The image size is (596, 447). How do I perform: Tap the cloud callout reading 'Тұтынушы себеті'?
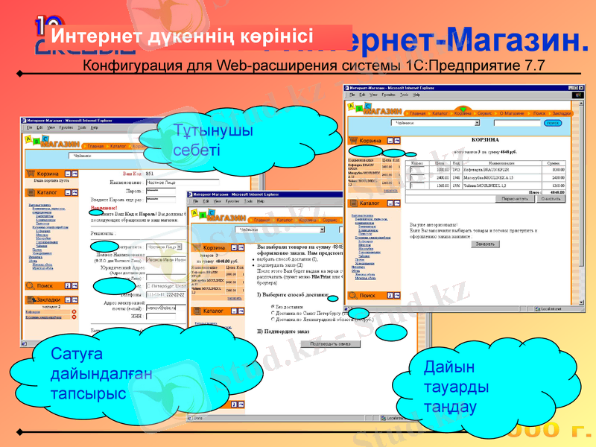[203, 140]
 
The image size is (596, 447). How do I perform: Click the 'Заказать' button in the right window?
[484, 244]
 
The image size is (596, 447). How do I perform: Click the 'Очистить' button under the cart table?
[551, 199]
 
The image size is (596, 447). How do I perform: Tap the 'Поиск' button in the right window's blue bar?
[552, 123]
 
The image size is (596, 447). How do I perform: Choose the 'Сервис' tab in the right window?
[485, 113]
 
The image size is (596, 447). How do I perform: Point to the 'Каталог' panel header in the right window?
[370, 203]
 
